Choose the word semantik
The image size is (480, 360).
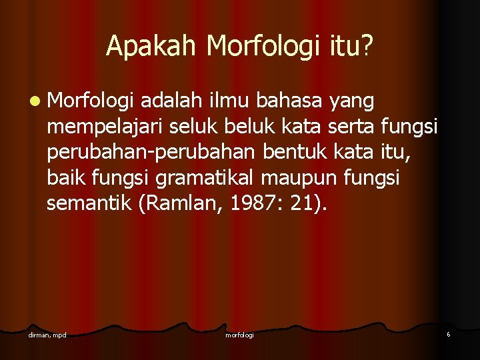coord(89,203)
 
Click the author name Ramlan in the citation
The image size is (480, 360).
coord(175,203)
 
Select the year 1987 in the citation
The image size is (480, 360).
coord(248,203)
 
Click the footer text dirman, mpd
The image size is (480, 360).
coord(47,334)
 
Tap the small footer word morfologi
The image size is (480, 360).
coord(239,335)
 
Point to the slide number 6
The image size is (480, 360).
coord(449,333)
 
